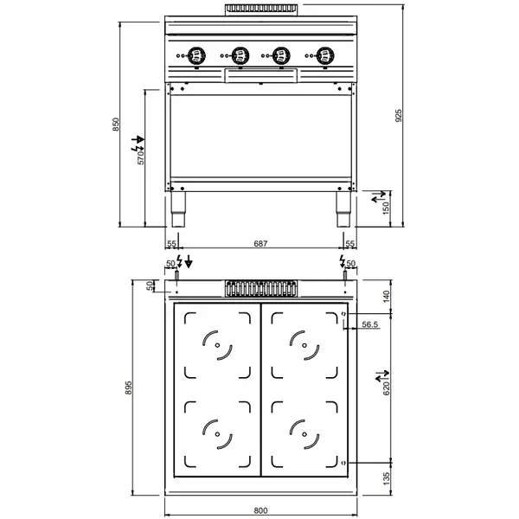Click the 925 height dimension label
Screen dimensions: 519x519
coord(399,115)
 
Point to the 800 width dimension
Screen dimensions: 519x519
coord(260,510)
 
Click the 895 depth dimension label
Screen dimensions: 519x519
coord(129,388)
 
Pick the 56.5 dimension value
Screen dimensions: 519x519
coord(370,325)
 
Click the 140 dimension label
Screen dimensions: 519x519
coord(387,295)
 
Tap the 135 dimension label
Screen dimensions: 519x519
coord(387,477)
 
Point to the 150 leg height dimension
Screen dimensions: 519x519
coord(387,208)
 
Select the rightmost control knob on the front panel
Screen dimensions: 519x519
coord(324,56)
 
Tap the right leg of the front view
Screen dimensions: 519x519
coord(341,204)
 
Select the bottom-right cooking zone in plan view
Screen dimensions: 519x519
coord(304,430)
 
